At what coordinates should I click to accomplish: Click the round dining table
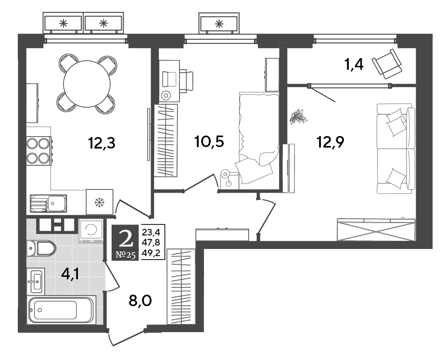(x=87, y=84)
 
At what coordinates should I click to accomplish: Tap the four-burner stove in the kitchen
(x=39, y=150)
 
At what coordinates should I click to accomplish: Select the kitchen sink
(x=48, y=203)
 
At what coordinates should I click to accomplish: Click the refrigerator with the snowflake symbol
(x=100, y=202)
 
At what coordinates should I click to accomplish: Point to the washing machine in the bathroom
(x=91, y=231)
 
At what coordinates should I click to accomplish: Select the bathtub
(x=62, y=310)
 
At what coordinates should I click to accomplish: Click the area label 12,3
(x=102, y=143)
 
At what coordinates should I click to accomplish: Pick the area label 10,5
(x=209, y=141)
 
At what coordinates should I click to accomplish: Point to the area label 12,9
(x=330, y=142)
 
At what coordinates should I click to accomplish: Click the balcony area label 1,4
(x=354, y=64)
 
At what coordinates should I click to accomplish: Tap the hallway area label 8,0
(x=140, y=300)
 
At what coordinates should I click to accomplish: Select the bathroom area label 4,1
(x=70, y=274)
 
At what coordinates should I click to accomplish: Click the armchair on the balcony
(x=387, y=64)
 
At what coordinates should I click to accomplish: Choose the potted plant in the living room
(x=298, y=116)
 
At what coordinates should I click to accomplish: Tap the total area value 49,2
(x=151, y=252)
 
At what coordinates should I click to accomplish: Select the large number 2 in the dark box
(x=126, y=238)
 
